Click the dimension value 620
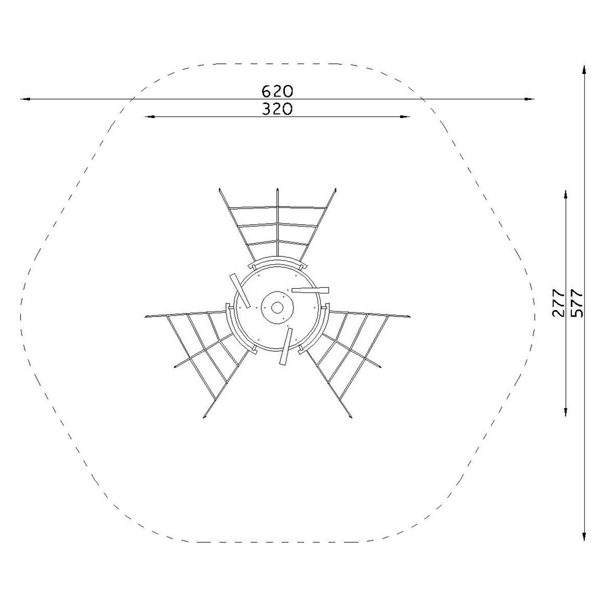tap(277, 91)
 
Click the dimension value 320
tap(277, 109)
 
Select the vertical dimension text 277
tap(559, 303)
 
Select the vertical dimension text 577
tap(577, 303)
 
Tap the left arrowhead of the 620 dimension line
tap(25, 99)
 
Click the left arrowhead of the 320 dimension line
tap(150, 117)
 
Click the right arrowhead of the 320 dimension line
tap(405, 117)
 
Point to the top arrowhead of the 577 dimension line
tap(584, 70)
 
